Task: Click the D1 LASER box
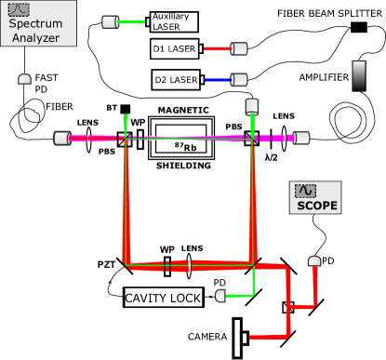click(175, 49)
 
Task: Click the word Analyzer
click(34, 38)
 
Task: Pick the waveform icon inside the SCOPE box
click(305, 191)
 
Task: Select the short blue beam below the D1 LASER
click(216, 80)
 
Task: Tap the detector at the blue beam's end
click(239, 80)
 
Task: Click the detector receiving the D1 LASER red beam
click(239, 49)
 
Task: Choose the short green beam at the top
click(132, 21)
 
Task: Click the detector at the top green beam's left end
click(110, 21)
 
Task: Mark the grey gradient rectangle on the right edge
click(358, 76)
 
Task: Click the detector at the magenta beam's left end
click(61, 138)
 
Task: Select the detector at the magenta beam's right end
click(301, 138)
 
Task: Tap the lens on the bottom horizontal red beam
click(189, 266)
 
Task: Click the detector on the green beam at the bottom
click(220, 296)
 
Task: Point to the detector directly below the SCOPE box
click(314, 263)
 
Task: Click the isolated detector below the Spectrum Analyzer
click(24, 80)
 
